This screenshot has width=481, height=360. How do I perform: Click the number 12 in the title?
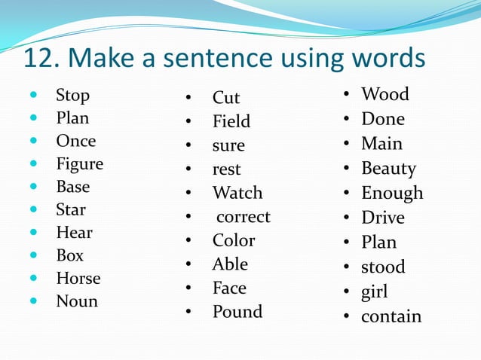[x=38, y=58]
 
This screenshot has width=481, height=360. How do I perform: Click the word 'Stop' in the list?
[x=72, y=96]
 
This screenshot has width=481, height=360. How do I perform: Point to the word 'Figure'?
[x=79, y=163]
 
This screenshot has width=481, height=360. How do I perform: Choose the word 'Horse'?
[x=78, y=278]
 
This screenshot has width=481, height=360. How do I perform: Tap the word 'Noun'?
[x=76, y=301]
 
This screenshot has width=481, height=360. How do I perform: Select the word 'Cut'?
[x=225, y=98]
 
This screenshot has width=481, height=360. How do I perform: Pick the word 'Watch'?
[x=237, y=193]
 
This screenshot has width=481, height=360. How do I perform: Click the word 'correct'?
[x=243, y=217]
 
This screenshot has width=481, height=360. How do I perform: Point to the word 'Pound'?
[x=237, y=312]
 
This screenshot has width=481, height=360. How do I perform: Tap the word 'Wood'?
[x=384, y=94]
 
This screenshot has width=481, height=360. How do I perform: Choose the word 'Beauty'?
[x=388, y=168]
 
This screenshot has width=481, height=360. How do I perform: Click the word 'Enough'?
[x=392, y=193]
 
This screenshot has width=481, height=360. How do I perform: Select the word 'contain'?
[x=391, y=316]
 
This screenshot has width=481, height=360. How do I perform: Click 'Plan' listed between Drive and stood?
[x=378, y=243]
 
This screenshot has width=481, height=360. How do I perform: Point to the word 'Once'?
[x=75, y=141]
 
